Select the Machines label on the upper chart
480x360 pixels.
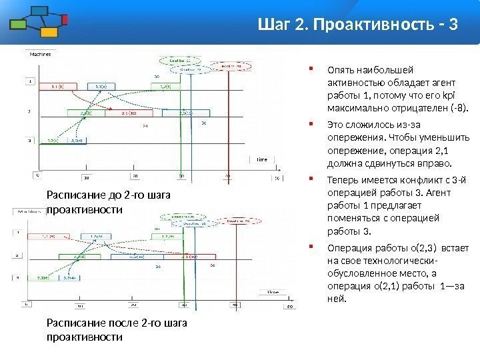point(39,54)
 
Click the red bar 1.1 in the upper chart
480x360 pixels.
point(61,85)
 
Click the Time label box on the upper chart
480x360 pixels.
point(262,159)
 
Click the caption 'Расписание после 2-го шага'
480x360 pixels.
point(117,323)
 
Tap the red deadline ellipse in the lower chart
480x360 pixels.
point(237,220)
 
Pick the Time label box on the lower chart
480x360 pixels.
point(273,292)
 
